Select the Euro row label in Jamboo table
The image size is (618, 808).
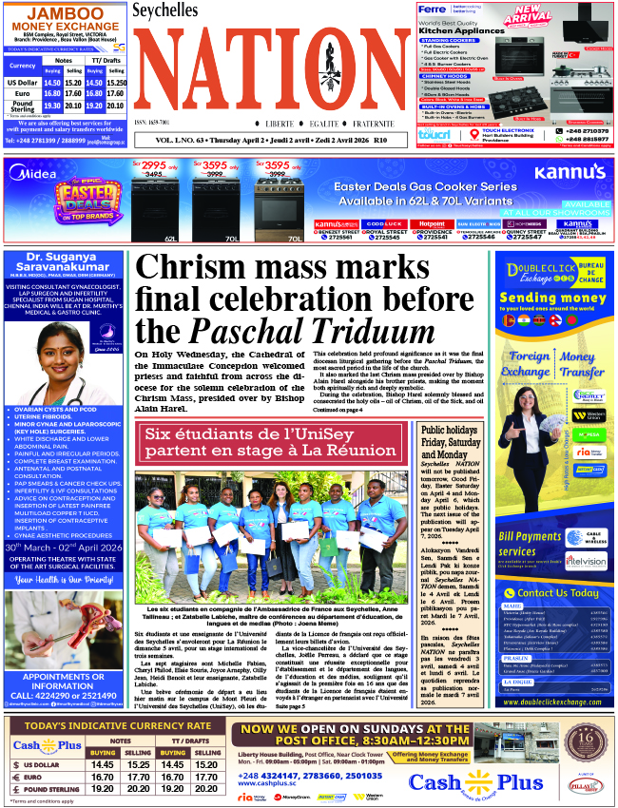(22, 94)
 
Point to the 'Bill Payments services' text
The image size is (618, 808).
(531, 544)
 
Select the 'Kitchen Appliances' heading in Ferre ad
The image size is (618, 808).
(459, 30)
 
